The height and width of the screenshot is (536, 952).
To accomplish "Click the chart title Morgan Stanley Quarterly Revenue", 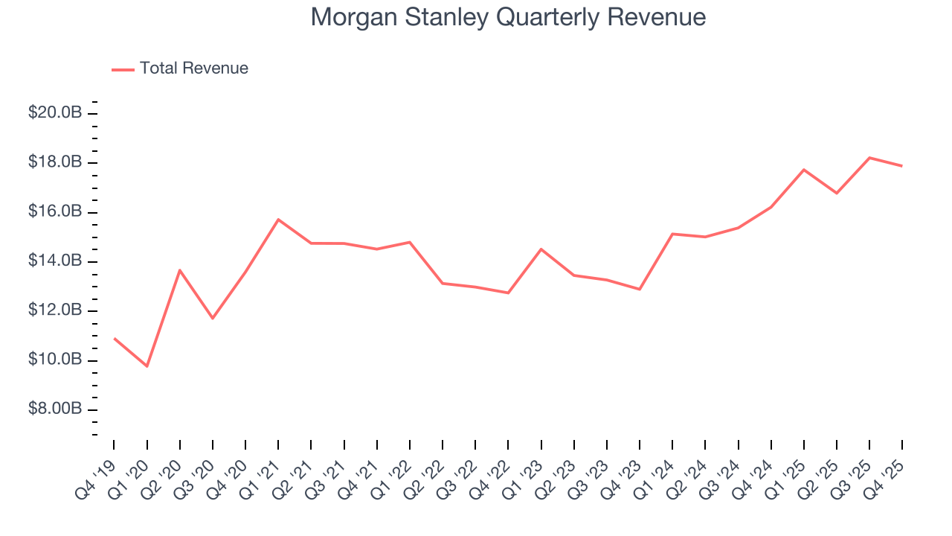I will pyautogui.click(x=508, y=17).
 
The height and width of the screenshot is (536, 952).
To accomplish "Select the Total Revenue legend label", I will pyautogui.click(x=193, y=68).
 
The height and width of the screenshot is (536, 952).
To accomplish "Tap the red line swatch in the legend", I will pyautogui.click(x=123, y=69).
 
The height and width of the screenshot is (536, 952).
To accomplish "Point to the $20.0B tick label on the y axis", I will pyautogui.click(x=55, y=113).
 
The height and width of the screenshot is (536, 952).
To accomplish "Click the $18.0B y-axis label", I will pyautogui.click(x=55, y=163).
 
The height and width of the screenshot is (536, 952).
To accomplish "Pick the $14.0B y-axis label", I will pyautogui.click(x=55, y=261).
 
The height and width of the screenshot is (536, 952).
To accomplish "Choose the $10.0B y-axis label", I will pyautogui.click(x=55, y=360).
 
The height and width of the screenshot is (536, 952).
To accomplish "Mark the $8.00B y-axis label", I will pyautogui.click(x=55, y=409).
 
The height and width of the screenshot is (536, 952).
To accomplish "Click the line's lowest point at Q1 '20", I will pyautogui.click(x=147, y=366).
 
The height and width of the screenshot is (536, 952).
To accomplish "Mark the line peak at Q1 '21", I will pyautogui.click(x=278, y=220).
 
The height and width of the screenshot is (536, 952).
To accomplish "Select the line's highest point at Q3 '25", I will pyautogui.click(x=869, y=158).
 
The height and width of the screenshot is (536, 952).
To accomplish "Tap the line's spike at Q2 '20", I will pyautogui.click(x=180, y=270).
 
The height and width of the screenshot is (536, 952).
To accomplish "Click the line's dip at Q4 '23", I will pyautogui.click(x=640, y=289).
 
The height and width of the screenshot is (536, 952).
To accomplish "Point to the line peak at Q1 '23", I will pyautogui.click(x=541, y=249).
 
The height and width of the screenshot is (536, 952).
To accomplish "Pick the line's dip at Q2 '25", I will pyautogui.click(x=837, y=193).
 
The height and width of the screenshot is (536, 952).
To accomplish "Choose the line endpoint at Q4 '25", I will pyautogui.click(x=902, y=166).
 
